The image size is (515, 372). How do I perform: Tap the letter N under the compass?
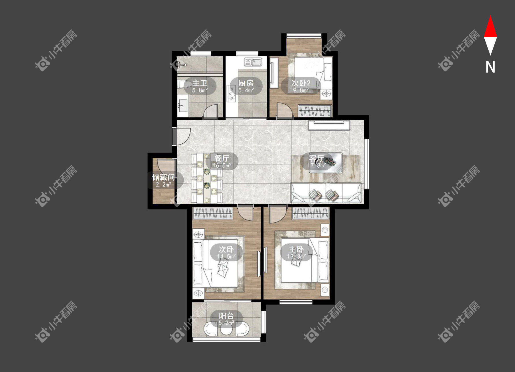[x=490, y=67]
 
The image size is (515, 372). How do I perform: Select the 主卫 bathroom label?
[x=200, y=83]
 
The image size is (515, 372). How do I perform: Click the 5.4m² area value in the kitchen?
[x=246, y=90]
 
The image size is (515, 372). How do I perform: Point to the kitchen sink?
[x=253, y=62]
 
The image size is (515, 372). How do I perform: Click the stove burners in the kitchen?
[x=231, y=93]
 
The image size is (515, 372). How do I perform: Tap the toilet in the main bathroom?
[x=185, y=84]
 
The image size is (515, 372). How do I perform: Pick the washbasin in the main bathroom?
[x=183, y=106]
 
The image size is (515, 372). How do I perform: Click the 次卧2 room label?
[x=301, y=83]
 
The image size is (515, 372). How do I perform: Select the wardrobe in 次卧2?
[x=315, y=111]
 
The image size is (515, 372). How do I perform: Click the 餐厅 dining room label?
[x=221, y=158]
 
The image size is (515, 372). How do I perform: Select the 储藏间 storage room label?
[x=163, y=177]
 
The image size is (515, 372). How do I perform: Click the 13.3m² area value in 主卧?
[x=296, y=256]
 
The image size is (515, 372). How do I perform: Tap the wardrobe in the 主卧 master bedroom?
[x=310, y=213]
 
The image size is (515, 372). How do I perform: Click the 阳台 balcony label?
[x=226, y=316]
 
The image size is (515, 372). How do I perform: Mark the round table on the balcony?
[x=227, y=329]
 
